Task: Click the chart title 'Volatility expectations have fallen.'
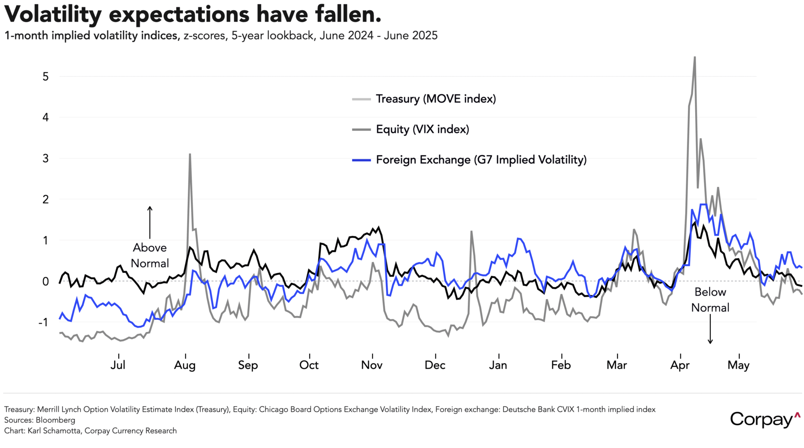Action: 193,14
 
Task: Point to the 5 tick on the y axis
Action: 46,77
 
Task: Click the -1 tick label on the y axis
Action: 43,323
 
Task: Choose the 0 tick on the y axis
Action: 46,281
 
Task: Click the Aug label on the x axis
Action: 185,365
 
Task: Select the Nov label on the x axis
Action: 372,365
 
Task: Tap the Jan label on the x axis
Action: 498,365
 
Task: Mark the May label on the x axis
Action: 738,365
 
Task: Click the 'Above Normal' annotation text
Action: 150,255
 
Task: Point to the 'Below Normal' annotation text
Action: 710,300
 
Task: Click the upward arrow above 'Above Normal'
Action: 150,222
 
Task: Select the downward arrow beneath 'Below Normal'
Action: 710,329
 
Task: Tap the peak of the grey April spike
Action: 695,57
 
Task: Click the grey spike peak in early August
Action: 190,155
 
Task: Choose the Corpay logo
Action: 765,419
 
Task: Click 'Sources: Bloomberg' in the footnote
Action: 40,420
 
